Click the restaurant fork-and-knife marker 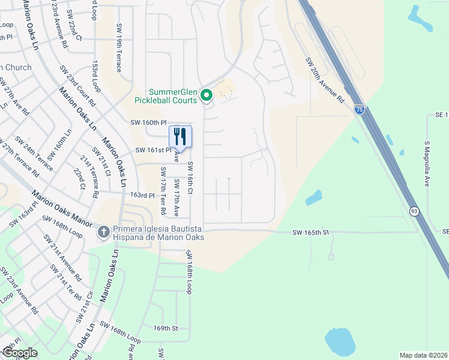181,136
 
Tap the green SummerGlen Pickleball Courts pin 206,95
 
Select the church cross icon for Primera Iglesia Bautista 103,232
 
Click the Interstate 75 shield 359,109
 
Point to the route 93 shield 414,211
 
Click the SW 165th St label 312,232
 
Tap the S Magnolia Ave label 427,164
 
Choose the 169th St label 166,328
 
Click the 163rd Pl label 143,196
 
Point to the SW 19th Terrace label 119,53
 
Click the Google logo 19,353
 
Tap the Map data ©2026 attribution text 423,355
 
